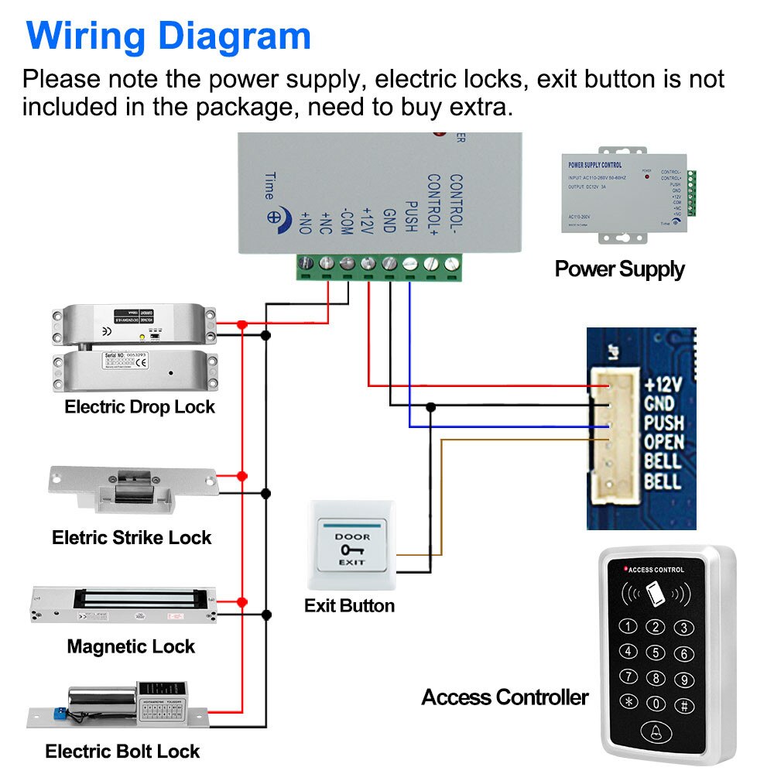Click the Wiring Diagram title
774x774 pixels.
pyautogui.click(x=168, y=36)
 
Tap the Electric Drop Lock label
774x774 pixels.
pyautogui.click(x=139, y=407)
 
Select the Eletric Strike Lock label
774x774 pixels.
pyautogui.click(x=132, y=537)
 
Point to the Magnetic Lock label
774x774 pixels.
pyautogui.click(x=131, y=646)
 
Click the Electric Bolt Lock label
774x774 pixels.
pyautogui.click(x=122, y=751)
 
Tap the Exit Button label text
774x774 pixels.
pyautogui.click(x=349, y=605)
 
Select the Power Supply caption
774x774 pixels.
pyautogui.click(x=619, y=269)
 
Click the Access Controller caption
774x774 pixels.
pyautogui.click(x=505, y=697)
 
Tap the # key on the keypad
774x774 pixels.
pyautogui.click(x=683, y=705)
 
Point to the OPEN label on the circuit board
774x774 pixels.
pyautogui.click(x=663, y=442)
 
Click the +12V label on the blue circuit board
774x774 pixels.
pyautogui.click(x=663, y=385)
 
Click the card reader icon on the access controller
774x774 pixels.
pyautogui.click(x=656, y=594)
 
